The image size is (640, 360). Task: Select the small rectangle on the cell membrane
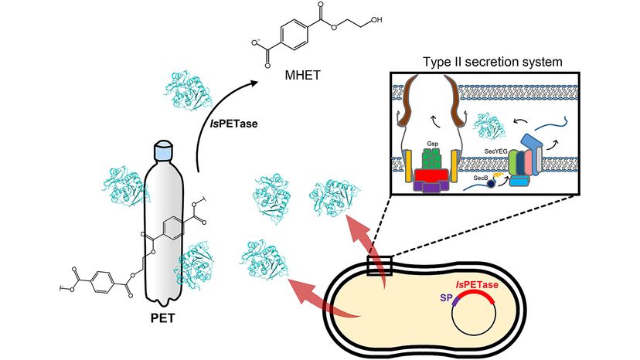pos(380,267)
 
